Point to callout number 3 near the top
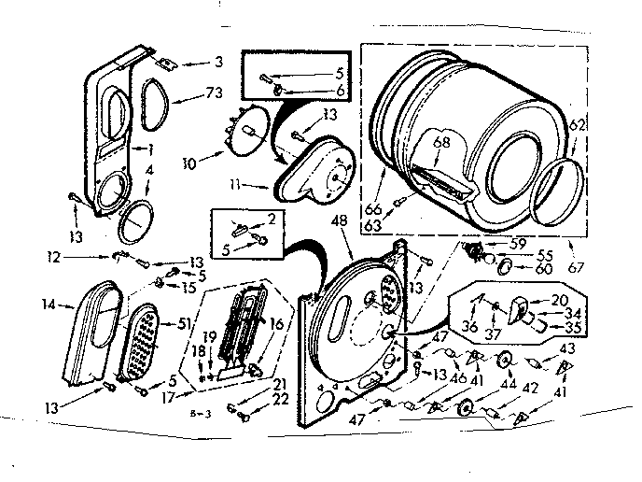[x=218, y=63]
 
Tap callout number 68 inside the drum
[x=441, y=141]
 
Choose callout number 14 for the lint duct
[x=49, y=304]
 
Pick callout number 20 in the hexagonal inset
[x=560, y=299]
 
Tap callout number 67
[x=577, y=268]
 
